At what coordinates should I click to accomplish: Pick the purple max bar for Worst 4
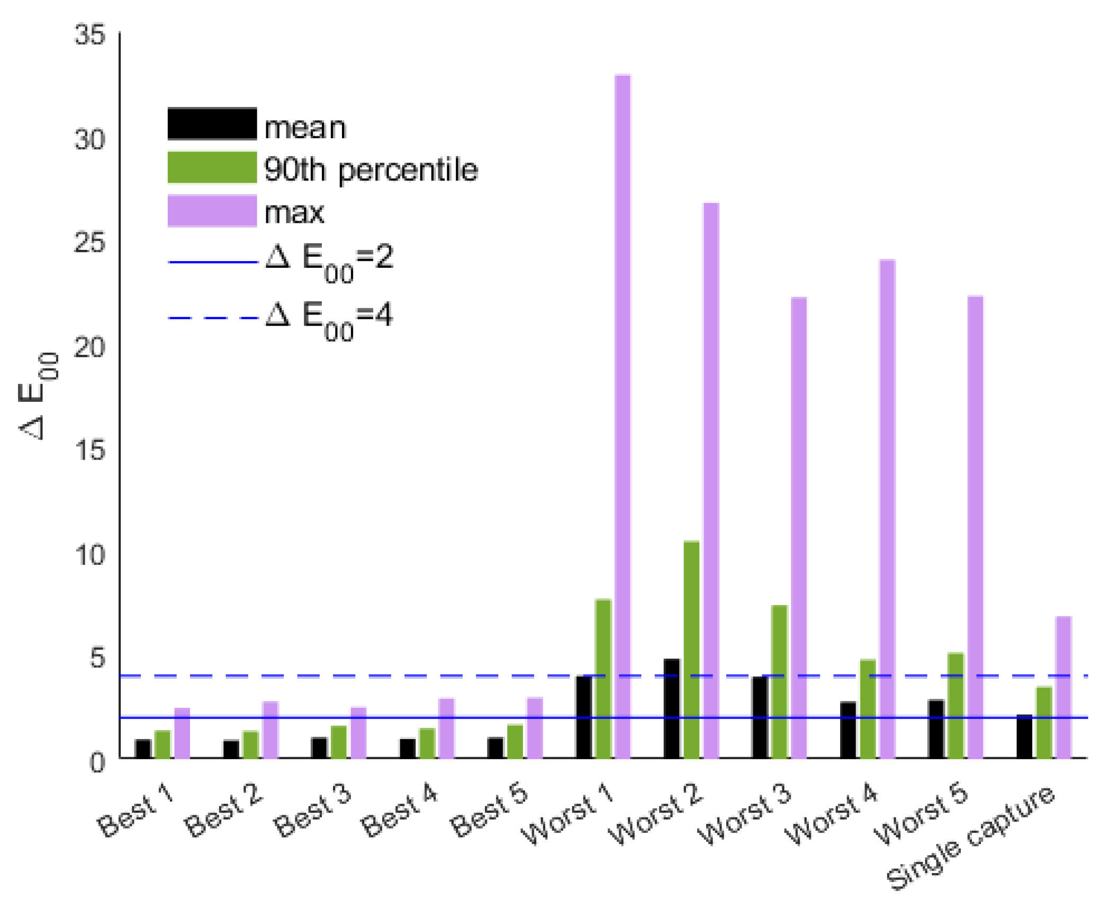(887, 508)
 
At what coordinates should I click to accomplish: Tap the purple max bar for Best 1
(182, 733)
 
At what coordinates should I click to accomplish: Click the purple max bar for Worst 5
(975, 526)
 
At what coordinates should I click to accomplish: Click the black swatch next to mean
(212, 124)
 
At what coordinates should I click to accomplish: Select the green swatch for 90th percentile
(212, 167)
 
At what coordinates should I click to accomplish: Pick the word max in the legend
(294, 213)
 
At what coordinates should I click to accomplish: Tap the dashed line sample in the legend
(212, 318)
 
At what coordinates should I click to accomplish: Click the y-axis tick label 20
(90, 348)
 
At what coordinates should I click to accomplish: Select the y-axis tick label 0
(97, 763)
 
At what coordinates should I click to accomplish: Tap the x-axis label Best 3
(312, 810)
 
